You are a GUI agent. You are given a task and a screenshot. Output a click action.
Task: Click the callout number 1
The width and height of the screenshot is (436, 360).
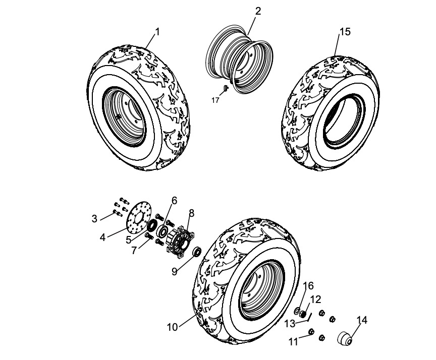coord(157,31)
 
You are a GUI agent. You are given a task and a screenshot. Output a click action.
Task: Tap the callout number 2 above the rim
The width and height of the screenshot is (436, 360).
coord(258,12)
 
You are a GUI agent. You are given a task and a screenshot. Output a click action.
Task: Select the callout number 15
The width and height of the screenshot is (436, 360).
coord(345,31)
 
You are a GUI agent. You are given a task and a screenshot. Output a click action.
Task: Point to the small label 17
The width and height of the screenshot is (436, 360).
coord(215,100)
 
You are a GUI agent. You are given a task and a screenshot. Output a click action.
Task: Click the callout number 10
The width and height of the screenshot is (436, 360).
coord(173,327)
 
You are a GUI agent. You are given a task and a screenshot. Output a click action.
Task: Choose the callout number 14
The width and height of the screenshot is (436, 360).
coord(361,319)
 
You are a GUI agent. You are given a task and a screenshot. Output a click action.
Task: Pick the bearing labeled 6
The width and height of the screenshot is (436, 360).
coord(163,230)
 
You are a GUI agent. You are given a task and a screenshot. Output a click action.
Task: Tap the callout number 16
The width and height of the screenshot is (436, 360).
coord(308,286)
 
